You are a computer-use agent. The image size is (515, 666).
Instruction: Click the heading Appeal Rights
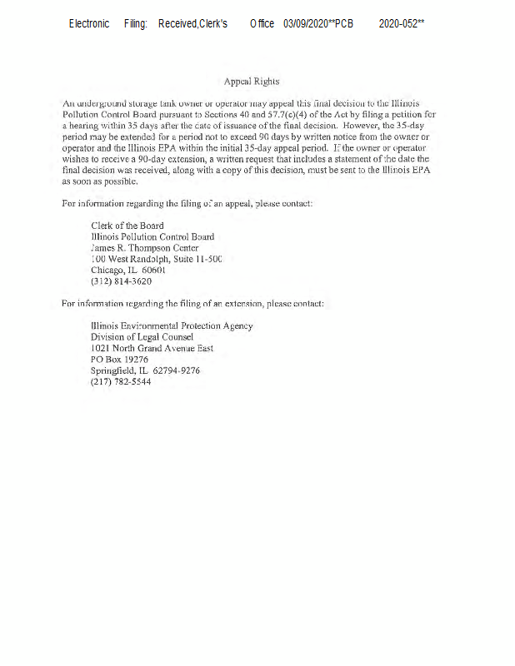[252, 82]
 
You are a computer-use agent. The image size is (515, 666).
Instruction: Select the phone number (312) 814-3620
[121, 281]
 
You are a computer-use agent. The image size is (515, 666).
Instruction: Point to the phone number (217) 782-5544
[121, 381]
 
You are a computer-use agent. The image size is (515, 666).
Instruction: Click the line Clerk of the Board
[127, 226]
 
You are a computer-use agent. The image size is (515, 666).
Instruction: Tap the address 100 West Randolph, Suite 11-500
[156, 259]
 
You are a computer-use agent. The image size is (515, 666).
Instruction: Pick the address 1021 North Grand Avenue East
[152, 348]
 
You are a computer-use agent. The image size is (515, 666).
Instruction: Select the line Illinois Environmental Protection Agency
[172, 326]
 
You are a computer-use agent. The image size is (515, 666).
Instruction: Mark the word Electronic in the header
[89, 24]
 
